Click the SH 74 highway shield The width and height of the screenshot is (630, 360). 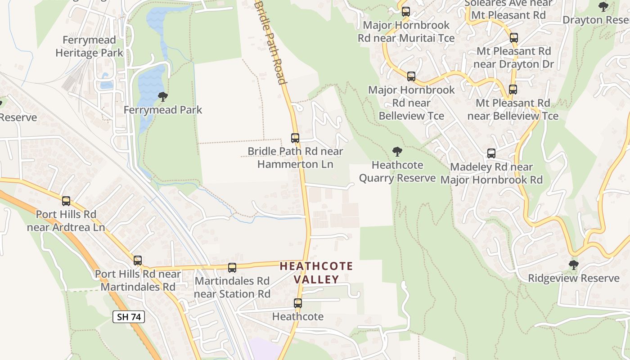point(129,317)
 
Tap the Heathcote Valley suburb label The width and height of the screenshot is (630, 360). point(316,273)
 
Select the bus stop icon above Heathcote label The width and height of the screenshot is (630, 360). point(298,303)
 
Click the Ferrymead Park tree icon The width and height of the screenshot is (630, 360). point(163,96)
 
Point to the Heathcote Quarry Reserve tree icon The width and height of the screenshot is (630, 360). point(397,152)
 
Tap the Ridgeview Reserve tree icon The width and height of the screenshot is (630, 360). point(573,265)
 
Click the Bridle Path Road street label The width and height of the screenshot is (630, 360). point(270,43)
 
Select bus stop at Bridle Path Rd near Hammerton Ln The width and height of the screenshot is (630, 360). point(295,138)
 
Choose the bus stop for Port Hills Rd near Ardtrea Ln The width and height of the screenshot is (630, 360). point(66,201)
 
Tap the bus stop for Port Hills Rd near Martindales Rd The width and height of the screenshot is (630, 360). point(138,260)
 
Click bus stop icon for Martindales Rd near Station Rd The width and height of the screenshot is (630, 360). point(232,268)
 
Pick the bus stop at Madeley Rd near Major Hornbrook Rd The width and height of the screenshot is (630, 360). point(491,153)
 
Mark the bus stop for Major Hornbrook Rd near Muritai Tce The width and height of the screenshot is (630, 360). point(406,12)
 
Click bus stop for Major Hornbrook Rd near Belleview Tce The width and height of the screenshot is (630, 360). point(411,76)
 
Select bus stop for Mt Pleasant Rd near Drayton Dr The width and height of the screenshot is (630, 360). point(514,38)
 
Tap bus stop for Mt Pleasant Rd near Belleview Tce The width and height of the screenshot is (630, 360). point(513,90)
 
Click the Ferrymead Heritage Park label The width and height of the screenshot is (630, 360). point(89,46)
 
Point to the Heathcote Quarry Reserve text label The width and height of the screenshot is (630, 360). point(397,171)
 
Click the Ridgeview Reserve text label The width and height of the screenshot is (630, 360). point(573,278)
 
